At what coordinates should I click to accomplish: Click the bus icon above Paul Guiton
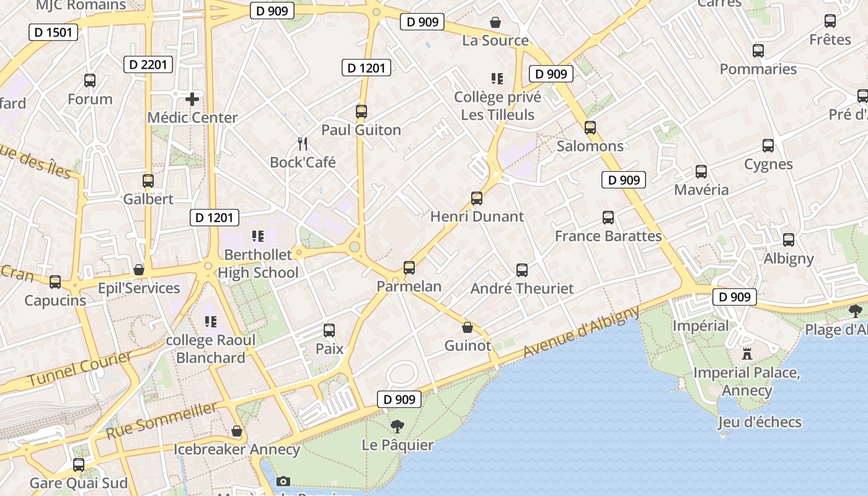[361, 112]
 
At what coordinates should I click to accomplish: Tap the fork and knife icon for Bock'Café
[303, 144]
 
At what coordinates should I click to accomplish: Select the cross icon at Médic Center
[192, 99]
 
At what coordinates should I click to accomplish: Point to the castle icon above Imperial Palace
[747, 354]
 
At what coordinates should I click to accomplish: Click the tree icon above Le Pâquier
[397, 427]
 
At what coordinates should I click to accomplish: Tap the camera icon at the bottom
[283, 481]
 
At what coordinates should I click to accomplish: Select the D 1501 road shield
[53, 32]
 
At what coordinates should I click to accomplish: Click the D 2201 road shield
[148, 64]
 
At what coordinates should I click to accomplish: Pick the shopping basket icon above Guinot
[467, 327]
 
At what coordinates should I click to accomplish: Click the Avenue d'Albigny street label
[581, 332]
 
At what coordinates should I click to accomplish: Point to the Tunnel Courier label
[80, 369]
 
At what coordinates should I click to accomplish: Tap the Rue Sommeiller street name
[162, 420]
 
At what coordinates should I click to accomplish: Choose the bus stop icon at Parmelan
[409, 268]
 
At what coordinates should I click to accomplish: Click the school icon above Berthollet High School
[258, 236]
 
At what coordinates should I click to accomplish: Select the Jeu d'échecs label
[759, 422]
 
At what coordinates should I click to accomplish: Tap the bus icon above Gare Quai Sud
[79, 464]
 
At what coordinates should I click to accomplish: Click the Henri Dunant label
[477, 216]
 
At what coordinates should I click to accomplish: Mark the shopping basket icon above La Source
[495, 23]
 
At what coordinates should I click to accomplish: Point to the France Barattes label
[608, 236]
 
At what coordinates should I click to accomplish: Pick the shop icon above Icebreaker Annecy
[237, 431]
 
